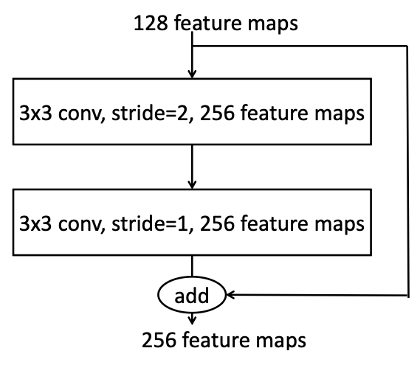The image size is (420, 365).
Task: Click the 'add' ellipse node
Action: [192, 296]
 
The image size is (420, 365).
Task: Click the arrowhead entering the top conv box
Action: [192, 74]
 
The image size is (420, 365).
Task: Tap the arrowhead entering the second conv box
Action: [192, 183]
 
